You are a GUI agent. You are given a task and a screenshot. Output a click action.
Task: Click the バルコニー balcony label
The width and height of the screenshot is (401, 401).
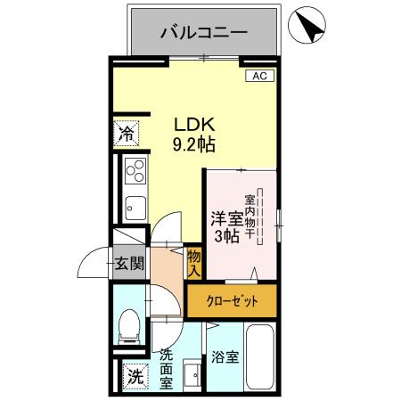203,34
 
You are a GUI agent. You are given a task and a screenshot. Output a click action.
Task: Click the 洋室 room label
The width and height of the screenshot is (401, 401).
226,217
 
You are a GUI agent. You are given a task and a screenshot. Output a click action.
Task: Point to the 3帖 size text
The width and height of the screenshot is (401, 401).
226,236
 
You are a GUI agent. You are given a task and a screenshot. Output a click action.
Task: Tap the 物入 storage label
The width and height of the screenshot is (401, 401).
194,261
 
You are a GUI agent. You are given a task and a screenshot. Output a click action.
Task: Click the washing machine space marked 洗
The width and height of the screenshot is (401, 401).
134,375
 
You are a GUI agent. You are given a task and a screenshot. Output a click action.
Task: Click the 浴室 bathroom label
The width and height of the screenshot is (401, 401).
225,357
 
